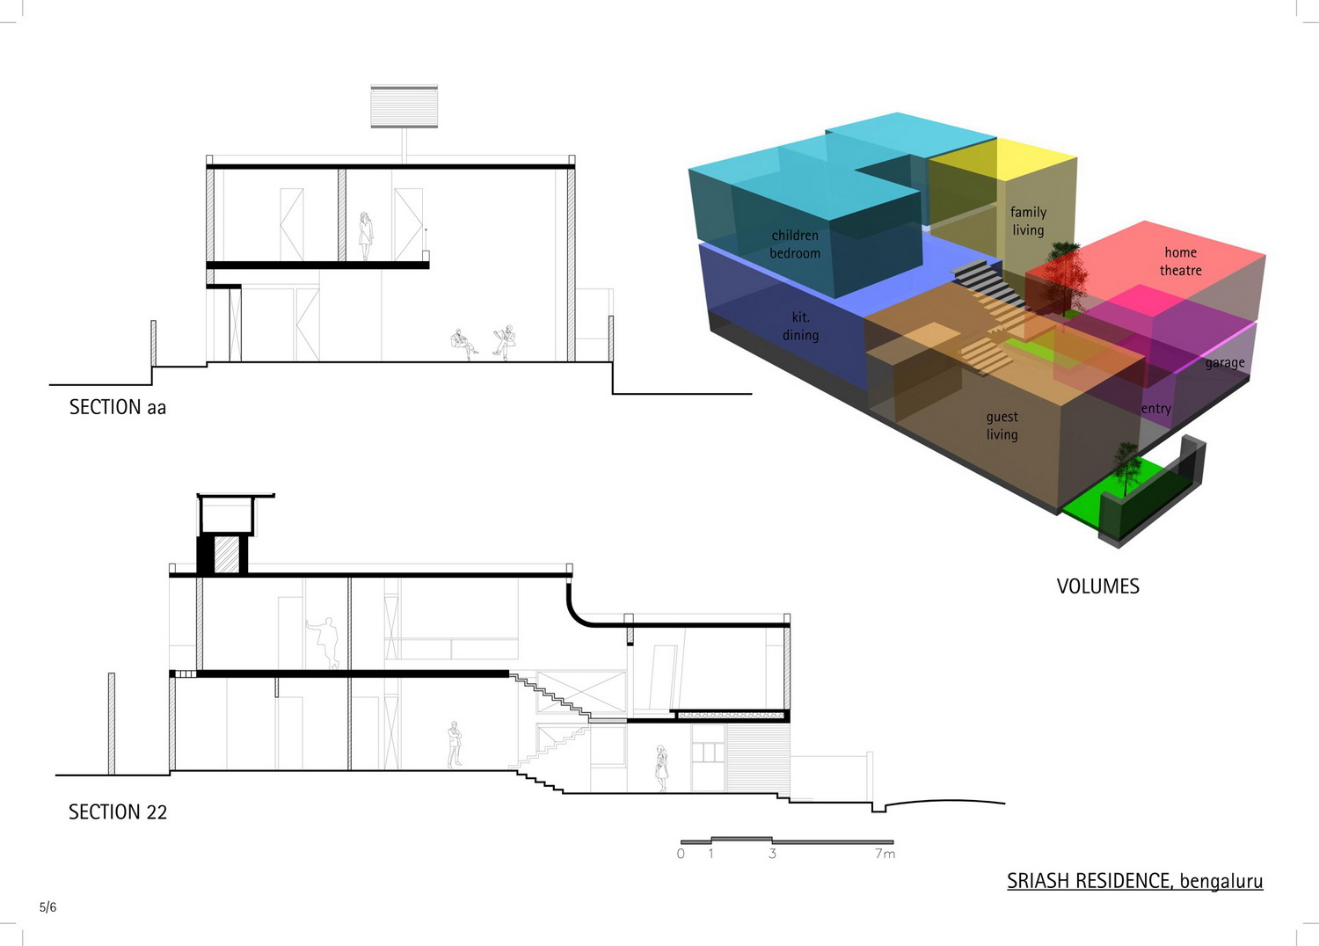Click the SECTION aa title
click(x=118, y=407)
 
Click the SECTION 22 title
click(x=118, y=811)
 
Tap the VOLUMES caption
click(x=1097, y=586)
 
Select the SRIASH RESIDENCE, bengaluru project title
click(x=1134, y=881)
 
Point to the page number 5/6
click(x=47, y=907)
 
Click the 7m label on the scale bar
click(x=885, y=854)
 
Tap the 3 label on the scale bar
click(x=772, y=854)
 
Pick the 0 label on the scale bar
click(x=681, y=854)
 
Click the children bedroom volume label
click(x=795, y=244)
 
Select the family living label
click(x=1028, y=221)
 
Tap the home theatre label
click(x=1181, y=261)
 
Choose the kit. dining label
click(x=800, y=326)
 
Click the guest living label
click(x=1002, y=426)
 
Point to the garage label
click(x=1225, y=363)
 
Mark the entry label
click(x=1156, y=409)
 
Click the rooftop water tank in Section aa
click(x=404, y=106)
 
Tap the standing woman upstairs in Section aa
click(x=366, y=236)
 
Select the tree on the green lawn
click(x=1126, y=468)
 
